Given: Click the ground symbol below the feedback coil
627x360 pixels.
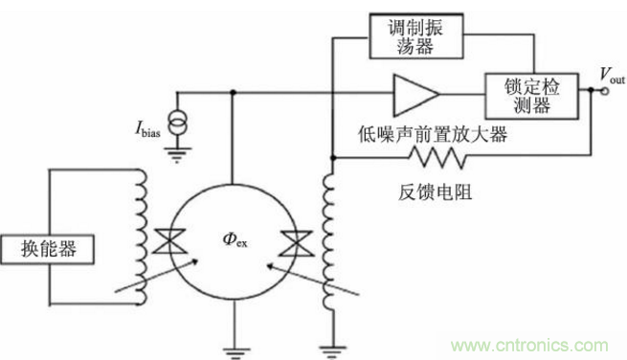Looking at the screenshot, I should coord(331,348).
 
